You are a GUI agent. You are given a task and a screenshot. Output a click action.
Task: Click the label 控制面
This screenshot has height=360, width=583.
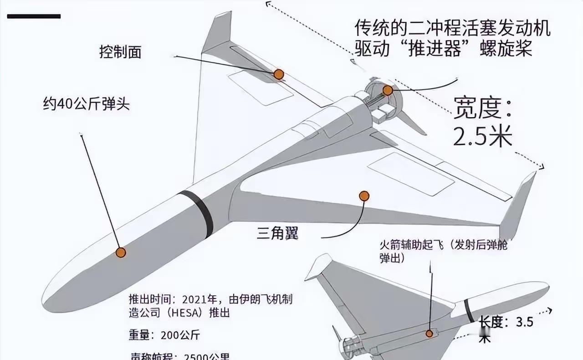click(x=120, y=51)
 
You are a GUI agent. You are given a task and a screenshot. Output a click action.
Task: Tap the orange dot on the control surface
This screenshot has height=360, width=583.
click(x=279, y=74)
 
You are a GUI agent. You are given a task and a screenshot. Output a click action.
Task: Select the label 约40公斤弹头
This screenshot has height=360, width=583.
click(x=87, y=104)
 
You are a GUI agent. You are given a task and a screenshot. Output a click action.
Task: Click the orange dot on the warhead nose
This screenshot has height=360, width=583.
click(x=121, y=252)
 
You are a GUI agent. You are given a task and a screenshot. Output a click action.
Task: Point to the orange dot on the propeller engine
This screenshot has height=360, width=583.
click(x=388, y=90)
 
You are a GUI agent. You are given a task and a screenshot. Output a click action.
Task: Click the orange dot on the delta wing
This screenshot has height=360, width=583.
click(x=363, y=196)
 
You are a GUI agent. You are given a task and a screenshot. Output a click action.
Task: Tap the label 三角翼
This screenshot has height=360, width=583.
click(x=277, y=234)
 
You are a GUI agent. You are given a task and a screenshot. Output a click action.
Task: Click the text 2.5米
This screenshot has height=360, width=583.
click(x=483, y=136)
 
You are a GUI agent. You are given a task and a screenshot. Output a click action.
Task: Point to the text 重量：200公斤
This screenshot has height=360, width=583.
click(x=164, y=335)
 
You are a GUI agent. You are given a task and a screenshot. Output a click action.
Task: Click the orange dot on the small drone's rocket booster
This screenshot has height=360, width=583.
click(x=429, y=334)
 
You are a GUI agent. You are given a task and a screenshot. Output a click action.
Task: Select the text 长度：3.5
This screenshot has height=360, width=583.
click(x=506, y=323)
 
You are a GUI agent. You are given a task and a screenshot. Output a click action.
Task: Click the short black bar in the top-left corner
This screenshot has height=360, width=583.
click(x=34, y=16)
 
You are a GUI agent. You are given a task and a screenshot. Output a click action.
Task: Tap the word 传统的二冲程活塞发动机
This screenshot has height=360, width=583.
click(x=453, y=29)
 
